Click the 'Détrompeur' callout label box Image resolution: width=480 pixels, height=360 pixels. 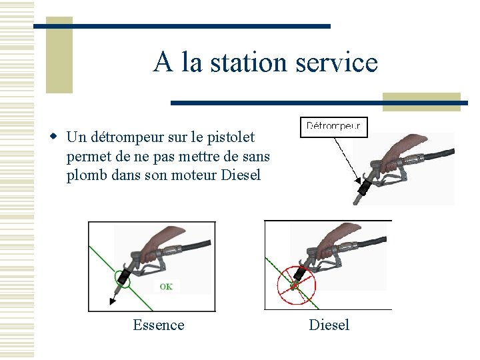(333, 126)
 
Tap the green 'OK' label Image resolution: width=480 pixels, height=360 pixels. (166, 286)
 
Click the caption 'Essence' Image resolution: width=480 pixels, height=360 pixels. (159, 325)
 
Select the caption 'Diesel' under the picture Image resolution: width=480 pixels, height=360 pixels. (329, 325)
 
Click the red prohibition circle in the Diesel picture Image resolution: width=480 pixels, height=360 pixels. (296, 284)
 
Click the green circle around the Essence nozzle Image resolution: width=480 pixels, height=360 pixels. (123, 277)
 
